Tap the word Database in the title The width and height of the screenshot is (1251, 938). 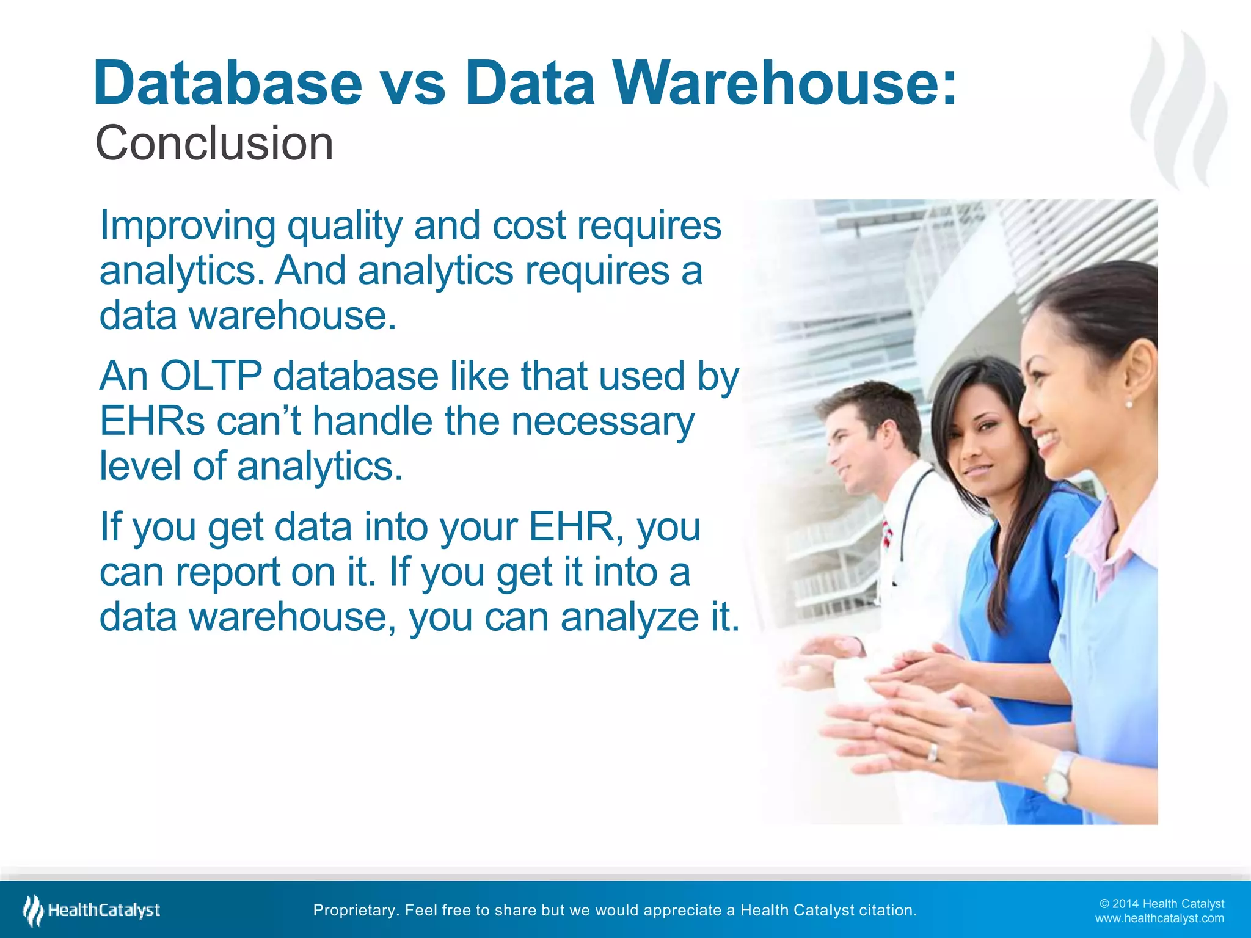coord(228,83)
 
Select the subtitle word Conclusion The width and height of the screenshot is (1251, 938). coord(214,144)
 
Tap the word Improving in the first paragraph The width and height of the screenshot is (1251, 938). coord(188,226)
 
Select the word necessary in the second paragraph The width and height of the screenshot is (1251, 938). coord(602,421)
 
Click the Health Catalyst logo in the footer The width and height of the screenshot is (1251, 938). coord(92,911)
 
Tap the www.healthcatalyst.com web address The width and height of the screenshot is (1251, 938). coord(1159,918)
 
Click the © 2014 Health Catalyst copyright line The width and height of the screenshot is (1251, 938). coord(1162,904)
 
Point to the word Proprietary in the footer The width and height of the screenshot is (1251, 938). coord(354,911)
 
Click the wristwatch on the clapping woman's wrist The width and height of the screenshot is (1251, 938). coord(1060,777)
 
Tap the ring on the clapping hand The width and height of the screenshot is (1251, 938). coord(933,752)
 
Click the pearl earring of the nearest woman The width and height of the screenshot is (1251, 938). coord(1128,404)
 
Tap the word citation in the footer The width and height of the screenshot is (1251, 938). coord(888,911)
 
